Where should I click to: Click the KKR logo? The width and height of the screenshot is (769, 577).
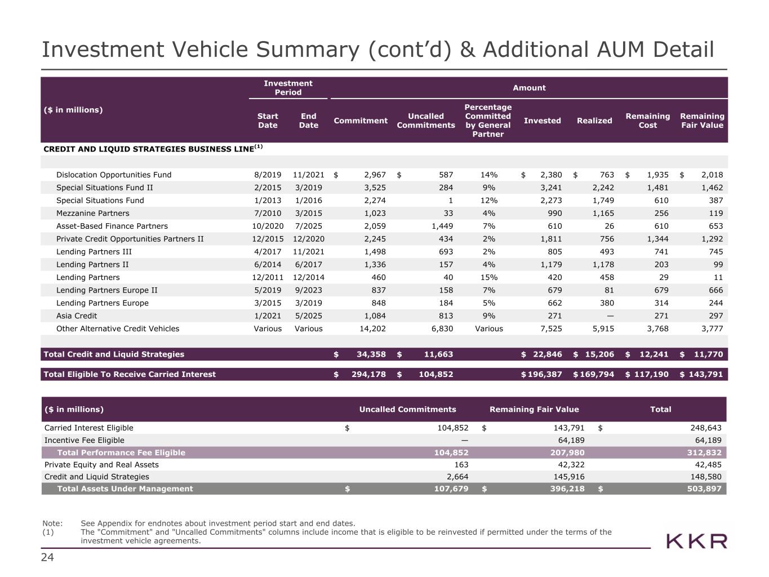(696, 541)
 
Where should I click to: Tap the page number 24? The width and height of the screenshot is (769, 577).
(47, 558)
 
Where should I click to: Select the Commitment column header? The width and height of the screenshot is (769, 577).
(361, 121)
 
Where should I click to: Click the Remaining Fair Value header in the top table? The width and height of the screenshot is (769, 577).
(701, 121)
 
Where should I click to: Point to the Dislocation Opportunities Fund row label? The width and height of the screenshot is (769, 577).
(114, 175)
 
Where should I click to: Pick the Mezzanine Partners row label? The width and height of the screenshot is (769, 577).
(92, 213)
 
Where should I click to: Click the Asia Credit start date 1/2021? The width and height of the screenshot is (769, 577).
(268, 316)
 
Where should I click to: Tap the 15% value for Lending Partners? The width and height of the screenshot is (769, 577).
(488, 277)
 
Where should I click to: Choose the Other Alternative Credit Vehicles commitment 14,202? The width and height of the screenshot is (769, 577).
(372, 329)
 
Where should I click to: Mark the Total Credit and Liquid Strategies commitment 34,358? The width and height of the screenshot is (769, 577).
(371, 354)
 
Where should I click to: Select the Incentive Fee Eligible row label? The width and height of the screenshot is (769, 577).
(85, 440)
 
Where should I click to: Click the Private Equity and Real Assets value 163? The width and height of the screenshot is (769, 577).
(461, 465)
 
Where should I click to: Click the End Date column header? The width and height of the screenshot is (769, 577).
(308, 121)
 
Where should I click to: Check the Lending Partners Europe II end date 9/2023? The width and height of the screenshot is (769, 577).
(308, 290)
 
